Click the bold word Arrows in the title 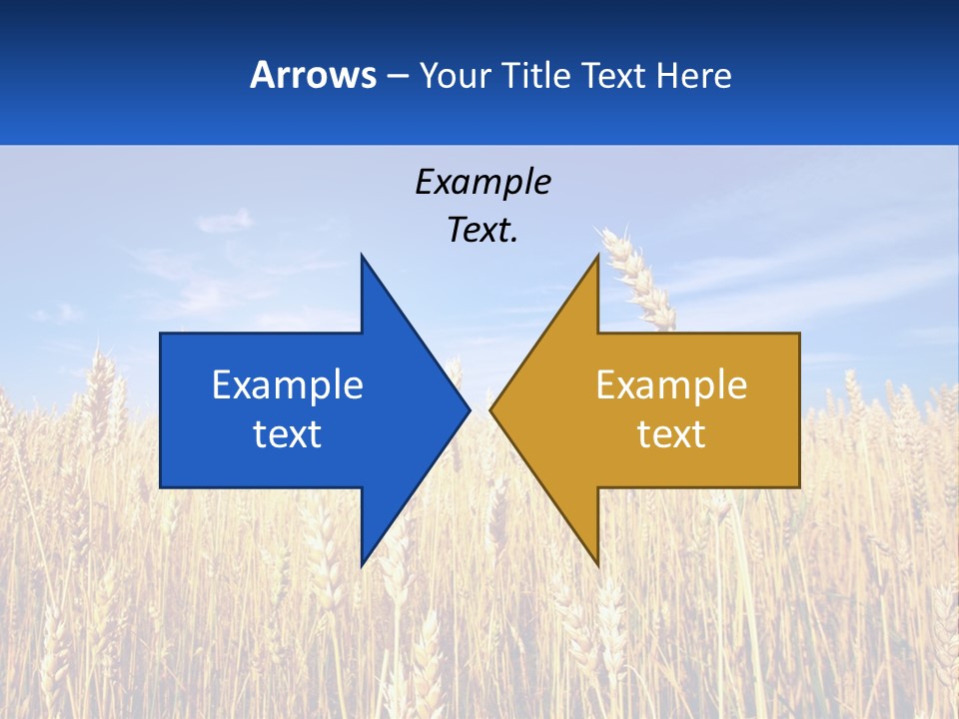[313, 75]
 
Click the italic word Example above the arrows [482, 182]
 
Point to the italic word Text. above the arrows [482, 230]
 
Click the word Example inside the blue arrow [288, 384]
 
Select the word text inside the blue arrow [288, 433]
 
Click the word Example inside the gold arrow [671, 384]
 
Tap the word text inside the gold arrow [671, 433]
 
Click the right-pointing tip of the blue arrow [468, 409]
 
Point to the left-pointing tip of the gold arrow [491, 409]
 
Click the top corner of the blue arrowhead [363, 258]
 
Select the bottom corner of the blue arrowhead [363, 563]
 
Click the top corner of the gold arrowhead [597, 258]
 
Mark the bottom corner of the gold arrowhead [597, 563]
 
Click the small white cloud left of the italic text [225, 220]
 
